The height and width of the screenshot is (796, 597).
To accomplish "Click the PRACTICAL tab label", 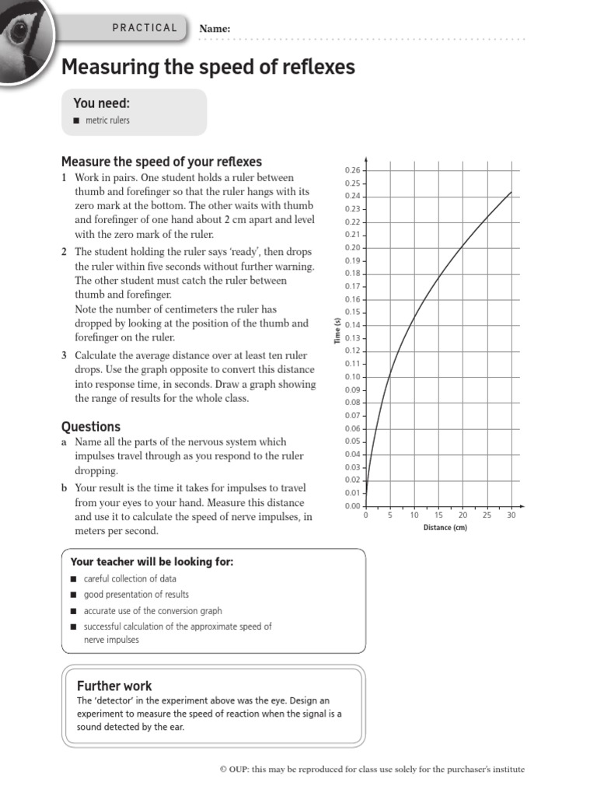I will coord(145,28).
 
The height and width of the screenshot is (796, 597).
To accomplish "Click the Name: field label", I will coord(215,29).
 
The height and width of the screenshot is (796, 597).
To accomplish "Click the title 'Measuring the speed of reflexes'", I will coord(208,68).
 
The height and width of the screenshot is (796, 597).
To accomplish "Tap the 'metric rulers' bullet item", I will coord(106,120).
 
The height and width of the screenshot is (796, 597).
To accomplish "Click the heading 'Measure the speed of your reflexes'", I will coord(162,162).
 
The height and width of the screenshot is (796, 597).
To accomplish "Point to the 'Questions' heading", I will coord(91,426).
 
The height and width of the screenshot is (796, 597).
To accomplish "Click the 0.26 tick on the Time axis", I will coord(352,170).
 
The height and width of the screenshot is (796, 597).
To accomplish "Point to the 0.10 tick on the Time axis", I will coord(352,377).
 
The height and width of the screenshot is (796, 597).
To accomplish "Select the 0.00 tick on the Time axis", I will coord(352,506).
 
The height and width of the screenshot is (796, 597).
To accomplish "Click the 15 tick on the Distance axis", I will coord(438,515).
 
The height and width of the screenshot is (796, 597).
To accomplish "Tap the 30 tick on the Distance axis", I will coord(511,515).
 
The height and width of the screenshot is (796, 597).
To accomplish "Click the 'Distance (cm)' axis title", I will coord(445,528).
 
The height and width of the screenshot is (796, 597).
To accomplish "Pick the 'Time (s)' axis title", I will coord(337,331).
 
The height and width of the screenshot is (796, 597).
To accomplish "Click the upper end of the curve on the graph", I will coord(511,191).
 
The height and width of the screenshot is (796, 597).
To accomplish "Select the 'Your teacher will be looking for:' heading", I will coord(152,561).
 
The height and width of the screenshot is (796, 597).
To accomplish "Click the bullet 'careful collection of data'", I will coord(130,578).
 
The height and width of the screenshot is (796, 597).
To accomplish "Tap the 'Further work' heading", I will coord(114,686).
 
